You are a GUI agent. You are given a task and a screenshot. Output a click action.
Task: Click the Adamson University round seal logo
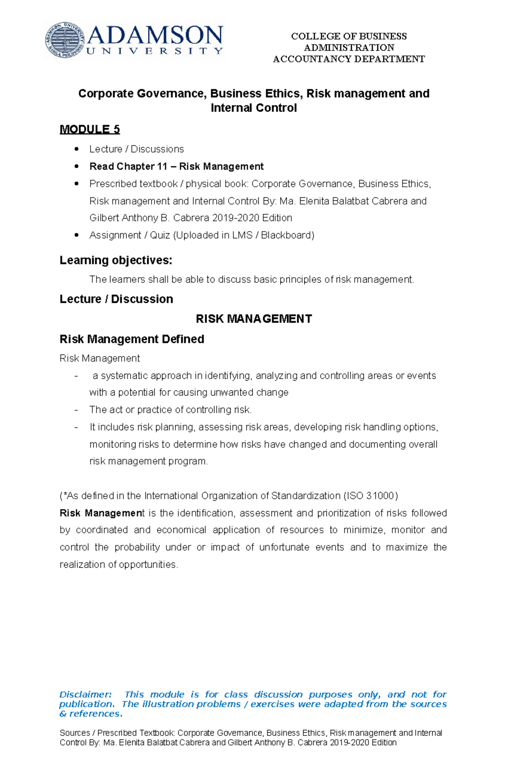click(x=65, y=40)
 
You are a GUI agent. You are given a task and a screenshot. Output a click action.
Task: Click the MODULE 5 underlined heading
click(x=90, y=129)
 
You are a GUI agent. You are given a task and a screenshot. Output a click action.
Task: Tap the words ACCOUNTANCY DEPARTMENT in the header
click(x=349, y=59)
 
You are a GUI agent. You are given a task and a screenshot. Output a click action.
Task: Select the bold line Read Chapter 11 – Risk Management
click(x=176, y=166)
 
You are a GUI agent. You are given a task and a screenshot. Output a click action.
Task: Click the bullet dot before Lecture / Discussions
click(x=77, y=149)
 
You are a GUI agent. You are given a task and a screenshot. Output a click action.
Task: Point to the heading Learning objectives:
click(x=116, y=260)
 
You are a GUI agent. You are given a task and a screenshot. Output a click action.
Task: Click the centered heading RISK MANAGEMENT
click(x=254, y=319)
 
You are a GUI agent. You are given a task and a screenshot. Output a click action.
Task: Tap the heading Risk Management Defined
click(x=132, y=339)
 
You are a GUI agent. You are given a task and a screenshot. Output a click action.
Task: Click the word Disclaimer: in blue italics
click(x=85, y=694)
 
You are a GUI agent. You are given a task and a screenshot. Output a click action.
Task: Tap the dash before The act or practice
click(x=76, y=410)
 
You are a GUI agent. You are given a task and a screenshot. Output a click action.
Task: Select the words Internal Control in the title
click(x=254, y=108)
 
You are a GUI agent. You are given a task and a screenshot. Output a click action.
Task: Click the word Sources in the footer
click(x=75, y=733)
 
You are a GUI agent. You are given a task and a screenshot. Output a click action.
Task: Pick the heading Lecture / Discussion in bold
click(x=116, y=299)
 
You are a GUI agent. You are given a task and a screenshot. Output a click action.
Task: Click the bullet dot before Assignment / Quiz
click(x=77, y=235)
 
